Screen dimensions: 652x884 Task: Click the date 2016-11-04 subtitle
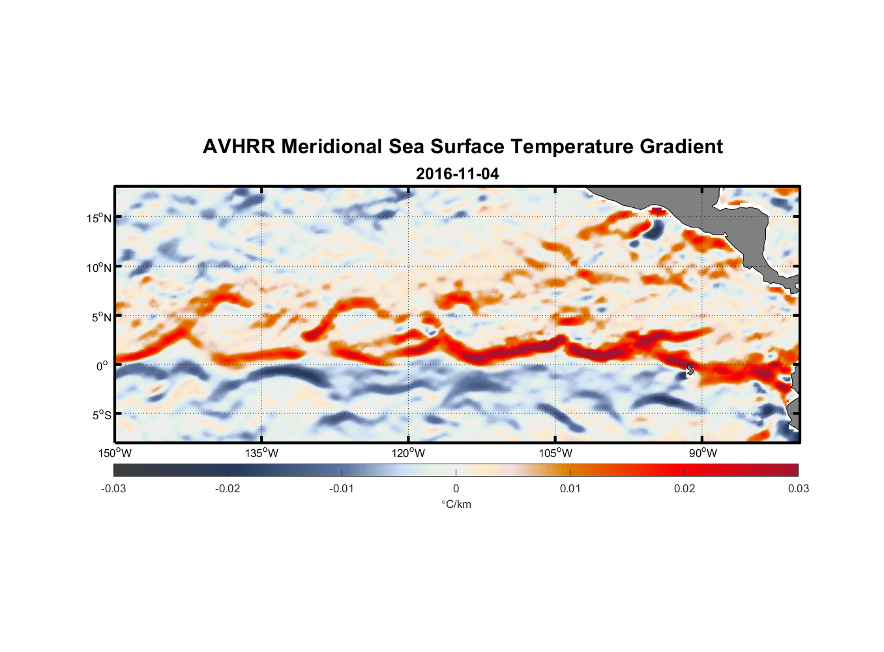point(457,174)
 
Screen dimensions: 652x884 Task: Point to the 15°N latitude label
point(99,218)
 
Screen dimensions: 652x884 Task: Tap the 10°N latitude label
point(99,267)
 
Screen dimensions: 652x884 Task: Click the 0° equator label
point(102,366)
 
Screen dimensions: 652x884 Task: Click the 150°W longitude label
point(115,453)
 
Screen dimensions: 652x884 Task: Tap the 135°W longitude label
point(262,453)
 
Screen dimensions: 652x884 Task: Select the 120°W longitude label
point(409,453)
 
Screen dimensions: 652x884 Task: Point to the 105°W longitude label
point(556,453)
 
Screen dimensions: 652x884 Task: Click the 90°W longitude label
point(703,453)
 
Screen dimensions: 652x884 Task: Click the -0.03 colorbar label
point(113,488)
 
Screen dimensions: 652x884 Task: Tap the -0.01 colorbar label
point(342,488)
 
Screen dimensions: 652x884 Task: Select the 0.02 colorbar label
point(685,488)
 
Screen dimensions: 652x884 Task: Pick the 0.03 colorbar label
point(798,488)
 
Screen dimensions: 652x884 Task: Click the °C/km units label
point(456,504)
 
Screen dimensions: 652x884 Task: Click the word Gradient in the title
point(681,147)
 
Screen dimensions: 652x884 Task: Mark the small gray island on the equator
point(690,370)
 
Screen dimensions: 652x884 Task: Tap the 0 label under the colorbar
point(456,488)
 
